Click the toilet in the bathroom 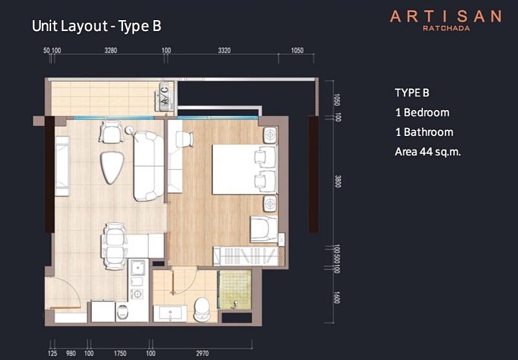point(202,309)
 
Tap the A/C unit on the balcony point(165,96)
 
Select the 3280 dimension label point(111,51)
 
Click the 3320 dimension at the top point(224,51)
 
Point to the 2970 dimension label point(202,354)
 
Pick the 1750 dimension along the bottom point(120,354)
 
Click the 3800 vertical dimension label point(337,181)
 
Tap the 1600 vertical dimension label point(337,297)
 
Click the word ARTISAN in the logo point(446,17)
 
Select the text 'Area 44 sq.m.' point(427,152)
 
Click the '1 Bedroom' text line point(422,113)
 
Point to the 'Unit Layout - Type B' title point(96,26)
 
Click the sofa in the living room point(149,166)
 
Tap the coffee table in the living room point(111,167)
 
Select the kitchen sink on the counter point(138,267)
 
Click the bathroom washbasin point(170,313)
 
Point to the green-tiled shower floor point(235,289)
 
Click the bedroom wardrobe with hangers point(246,256)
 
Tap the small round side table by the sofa point(129,130)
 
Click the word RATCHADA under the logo point(446,28)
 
